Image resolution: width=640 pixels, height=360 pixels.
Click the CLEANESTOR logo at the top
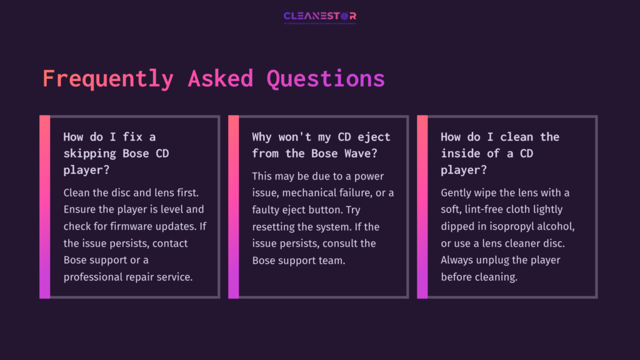click(319, 16)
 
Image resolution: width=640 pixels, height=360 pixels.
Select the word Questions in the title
click(326, 79)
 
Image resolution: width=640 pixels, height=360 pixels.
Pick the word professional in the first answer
click(93, 277)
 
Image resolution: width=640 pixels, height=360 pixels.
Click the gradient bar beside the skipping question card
click(44, 207)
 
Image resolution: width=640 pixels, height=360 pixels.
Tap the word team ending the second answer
click(331, 260)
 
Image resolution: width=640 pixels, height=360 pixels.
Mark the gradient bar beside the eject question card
click(233, 207)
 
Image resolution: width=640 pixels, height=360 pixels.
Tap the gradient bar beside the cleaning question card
click(422, 207)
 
